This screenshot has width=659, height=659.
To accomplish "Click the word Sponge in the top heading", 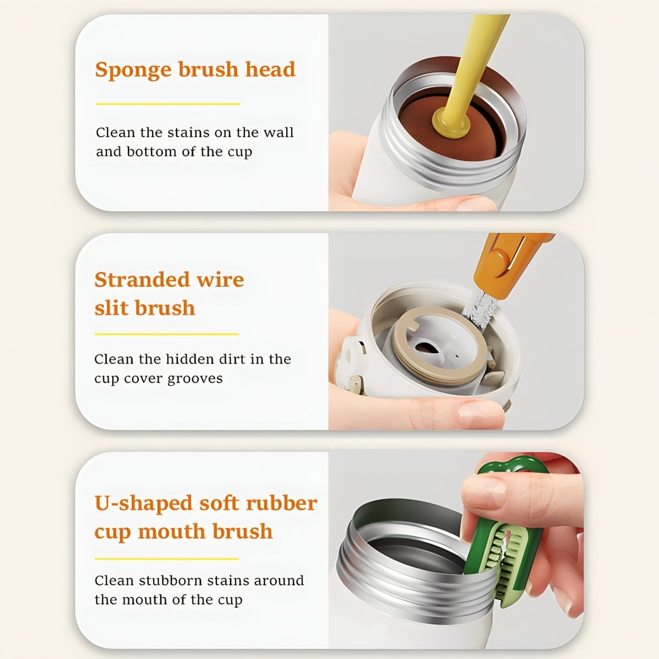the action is tap(133, 70).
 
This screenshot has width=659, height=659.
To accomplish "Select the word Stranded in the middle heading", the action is tap(142, 280).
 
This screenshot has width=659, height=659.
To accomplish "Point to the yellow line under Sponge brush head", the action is tap(168, 104).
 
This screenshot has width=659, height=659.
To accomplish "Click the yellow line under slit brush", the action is tap(166, 334).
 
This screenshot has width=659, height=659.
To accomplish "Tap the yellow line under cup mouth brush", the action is tap(166, 559).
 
